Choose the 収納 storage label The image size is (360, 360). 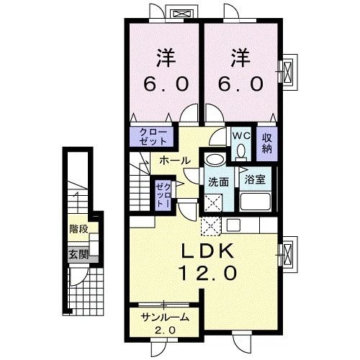coord(266,143)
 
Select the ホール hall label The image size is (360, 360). coord(174,160)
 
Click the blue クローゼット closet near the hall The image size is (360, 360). coord(148,136)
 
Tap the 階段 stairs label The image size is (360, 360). coord(78,230)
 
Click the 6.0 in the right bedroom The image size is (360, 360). coord(236,84)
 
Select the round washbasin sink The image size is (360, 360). coord(214,160)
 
